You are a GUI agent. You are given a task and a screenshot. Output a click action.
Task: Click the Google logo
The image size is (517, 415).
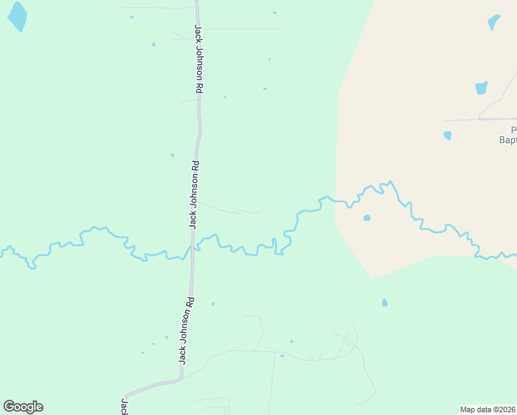23,407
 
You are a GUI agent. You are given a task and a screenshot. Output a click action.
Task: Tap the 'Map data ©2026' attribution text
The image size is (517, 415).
488,409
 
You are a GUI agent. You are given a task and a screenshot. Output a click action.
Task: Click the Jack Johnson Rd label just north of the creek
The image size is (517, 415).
194,194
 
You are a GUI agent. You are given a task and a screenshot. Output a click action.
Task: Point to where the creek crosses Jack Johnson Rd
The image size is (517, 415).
192,248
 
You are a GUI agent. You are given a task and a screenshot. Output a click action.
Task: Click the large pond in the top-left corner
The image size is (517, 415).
17,16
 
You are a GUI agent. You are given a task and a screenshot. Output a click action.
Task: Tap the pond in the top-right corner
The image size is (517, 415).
493,22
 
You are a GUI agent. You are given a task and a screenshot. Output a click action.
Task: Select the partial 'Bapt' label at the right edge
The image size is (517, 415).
508,139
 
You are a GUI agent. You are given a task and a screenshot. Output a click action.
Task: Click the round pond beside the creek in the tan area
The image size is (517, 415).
367,218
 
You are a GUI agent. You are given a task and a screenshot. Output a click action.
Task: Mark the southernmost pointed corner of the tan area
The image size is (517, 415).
373,279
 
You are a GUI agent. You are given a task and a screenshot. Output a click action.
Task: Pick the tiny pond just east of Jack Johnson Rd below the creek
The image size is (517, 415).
213,304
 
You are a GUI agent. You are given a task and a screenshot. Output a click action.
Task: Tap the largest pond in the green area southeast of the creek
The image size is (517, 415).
384,302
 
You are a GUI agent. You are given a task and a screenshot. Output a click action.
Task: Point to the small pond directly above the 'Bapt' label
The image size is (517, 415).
447,135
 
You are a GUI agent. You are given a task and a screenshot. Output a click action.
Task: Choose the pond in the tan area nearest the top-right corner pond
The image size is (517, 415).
481,88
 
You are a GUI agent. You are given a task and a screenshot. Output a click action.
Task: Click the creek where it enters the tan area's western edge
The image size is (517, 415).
337,201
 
